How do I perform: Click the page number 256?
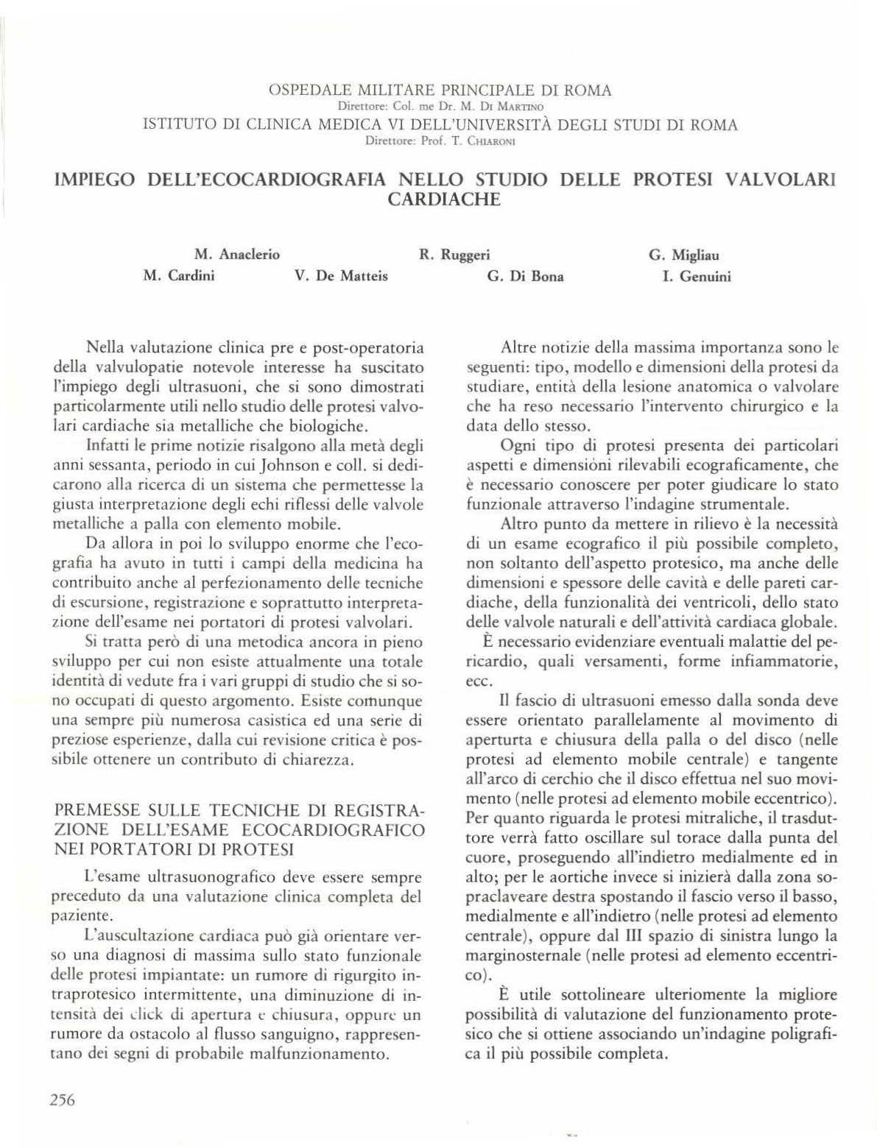pyautogui.click(x=63, y=1099)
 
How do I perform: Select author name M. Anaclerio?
pyautogui.click(x=237, y=255)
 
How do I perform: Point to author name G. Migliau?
pyautogui.click(x=683, y=255)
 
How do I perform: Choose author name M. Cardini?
pyautogui.click(x=179, y=277)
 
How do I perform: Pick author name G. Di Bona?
pyautogui.click(x=525, y=277)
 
